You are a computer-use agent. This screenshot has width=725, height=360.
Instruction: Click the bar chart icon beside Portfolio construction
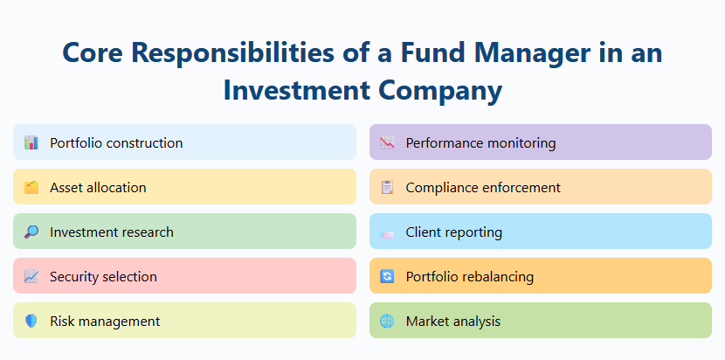pos(31,142)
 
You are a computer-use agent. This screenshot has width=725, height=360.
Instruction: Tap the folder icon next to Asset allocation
pos(31,187)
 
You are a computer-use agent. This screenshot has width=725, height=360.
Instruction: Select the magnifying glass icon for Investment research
pos(31,232)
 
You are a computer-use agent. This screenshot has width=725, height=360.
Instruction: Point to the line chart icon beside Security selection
pos(31,276)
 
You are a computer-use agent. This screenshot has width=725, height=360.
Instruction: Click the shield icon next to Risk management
pos(31,321)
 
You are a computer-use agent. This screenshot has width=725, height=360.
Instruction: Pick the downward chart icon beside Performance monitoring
pos(387,142)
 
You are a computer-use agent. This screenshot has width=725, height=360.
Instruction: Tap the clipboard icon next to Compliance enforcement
pos(387,187)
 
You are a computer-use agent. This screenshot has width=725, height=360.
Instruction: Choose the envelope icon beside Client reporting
pos(387,232)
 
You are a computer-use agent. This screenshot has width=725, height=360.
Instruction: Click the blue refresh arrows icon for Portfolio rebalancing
pos(387,276)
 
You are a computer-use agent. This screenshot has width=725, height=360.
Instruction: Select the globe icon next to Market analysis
pos(387,321)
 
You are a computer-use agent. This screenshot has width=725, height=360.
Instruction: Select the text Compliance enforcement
pos(483,187)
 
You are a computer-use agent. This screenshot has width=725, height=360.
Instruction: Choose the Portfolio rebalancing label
pos(469,276)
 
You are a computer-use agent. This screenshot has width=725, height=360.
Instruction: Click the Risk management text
pos(105,321)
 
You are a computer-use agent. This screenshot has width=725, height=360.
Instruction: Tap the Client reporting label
pos(453,232)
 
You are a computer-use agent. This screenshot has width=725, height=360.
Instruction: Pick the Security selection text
pos(103,276)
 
